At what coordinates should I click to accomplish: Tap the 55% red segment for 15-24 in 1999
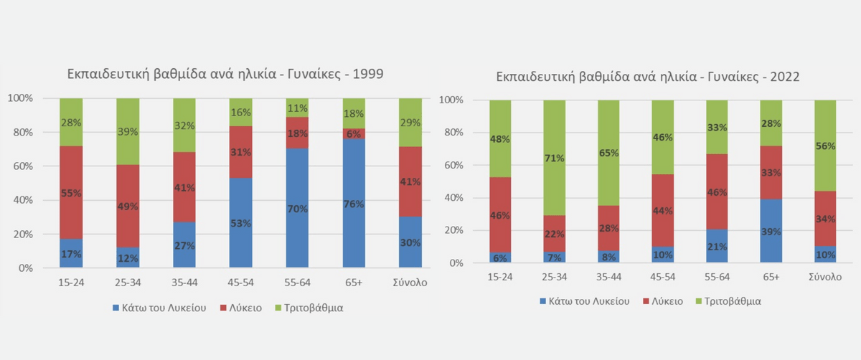pyautogui.click(x=71, y=193)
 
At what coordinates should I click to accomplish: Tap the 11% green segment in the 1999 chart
pyautogui.click(x=298, y=108)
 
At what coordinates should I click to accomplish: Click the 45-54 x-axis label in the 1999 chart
pyautogui.click(x=241, y=283)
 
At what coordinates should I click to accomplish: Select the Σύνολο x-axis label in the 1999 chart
pyautogui.click(x=410, y=283)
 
